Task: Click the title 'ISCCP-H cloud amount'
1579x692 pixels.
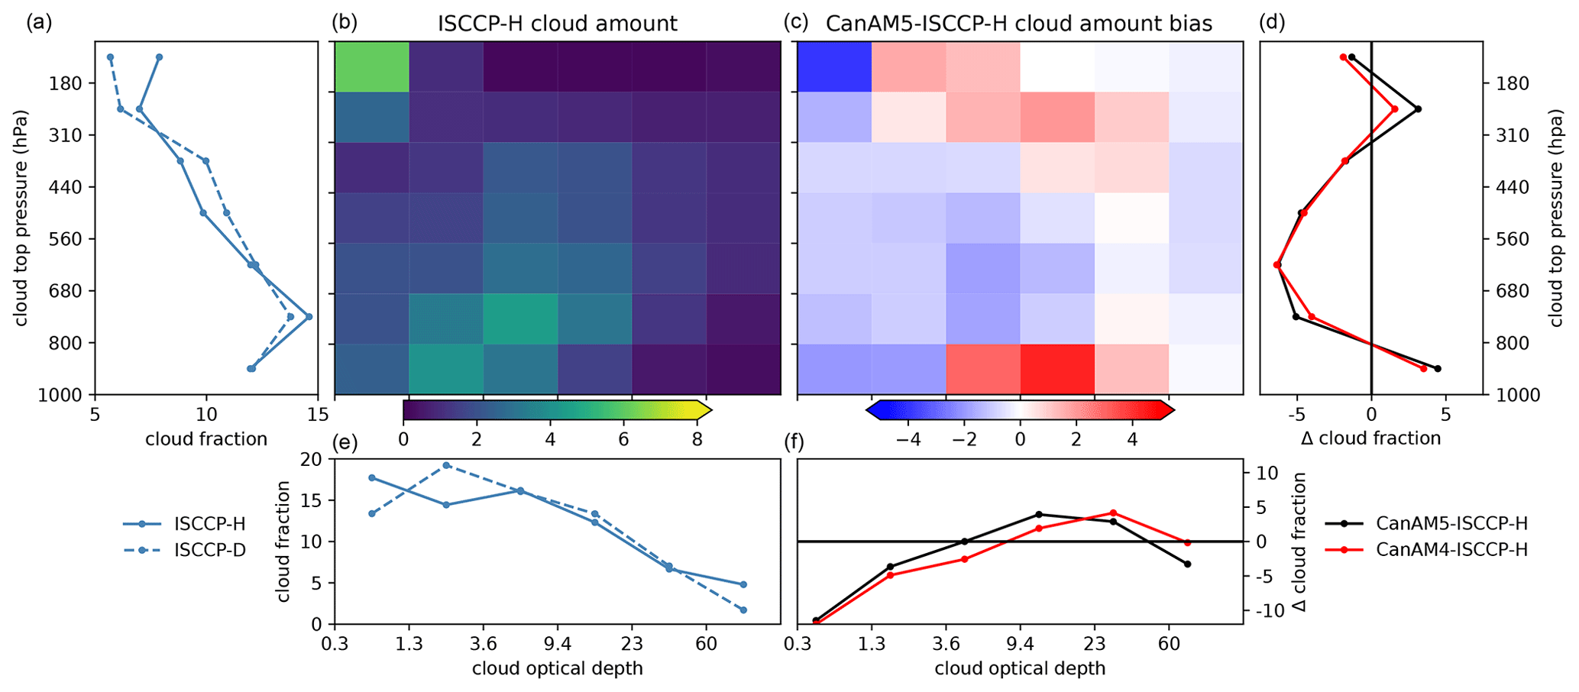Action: [557, 24]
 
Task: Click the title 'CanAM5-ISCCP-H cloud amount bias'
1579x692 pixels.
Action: [1019, 24]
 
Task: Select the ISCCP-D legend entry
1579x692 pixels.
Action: [210, 550]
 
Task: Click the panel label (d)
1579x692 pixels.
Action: [1272, 23]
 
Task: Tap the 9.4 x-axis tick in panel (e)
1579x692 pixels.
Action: [558, 644]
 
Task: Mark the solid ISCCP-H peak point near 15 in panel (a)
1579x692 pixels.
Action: [309, 316]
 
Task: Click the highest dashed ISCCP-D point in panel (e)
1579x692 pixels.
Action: [446, 465]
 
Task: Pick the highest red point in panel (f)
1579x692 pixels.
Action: [1112, 513]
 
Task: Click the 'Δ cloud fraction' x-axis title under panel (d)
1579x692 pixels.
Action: [1370, 438]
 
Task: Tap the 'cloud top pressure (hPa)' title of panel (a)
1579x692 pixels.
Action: [21, 218]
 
